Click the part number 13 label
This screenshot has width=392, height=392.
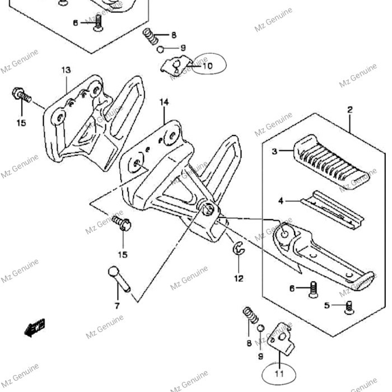(x=66, y=70)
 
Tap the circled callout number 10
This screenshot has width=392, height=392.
(x=207, y=66)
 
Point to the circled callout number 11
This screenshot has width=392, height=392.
(x=278, y=374)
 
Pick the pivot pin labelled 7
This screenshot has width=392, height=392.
(x=118, y=279)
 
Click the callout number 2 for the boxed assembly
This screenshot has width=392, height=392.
(x=350, y=110)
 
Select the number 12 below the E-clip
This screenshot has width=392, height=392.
(x=239, y=278)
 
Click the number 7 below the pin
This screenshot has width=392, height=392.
(x=117, y=306)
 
